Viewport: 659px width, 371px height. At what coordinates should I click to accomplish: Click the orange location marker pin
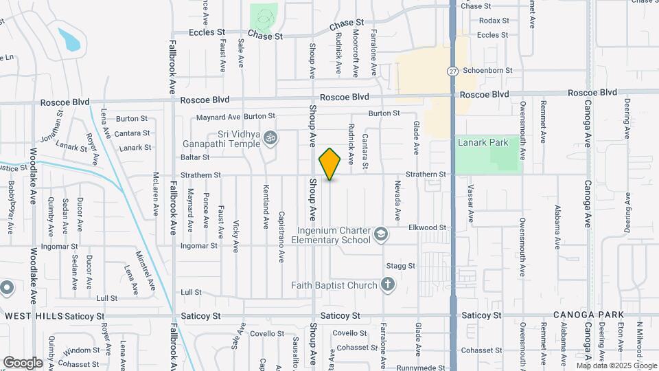click(x=330, y=164)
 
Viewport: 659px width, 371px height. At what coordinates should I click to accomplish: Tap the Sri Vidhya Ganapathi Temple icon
click(x=270, y=138)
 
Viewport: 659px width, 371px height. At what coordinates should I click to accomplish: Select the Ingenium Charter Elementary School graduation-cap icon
click(x=380, y=236)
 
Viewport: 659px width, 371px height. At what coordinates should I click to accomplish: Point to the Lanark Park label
click(x=484, y=142)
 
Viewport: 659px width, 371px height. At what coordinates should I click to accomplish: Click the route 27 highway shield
click(x=452, y=71)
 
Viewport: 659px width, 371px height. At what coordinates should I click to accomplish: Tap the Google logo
click(x=23, y=362)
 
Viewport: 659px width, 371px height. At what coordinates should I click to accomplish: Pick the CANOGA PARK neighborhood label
click(x=588, y=315)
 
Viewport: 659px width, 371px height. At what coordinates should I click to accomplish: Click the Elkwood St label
click(x=427, y=227)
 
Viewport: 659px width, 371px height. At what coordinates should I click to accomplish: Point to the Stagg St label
click(x=401, y=265)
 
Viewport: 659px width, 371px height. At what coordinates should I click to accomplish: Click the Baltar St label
click(x=195, y=157)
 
